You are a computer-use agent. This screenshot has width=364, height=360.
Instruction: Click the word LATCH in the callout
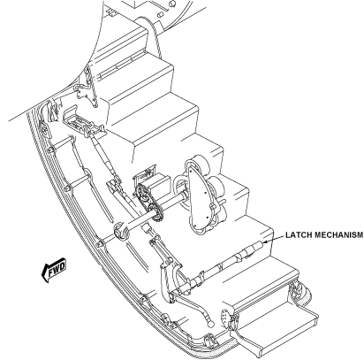click(296, 235)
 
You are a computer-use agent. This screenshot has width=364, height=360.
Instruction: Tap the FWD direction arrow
click(54, 270)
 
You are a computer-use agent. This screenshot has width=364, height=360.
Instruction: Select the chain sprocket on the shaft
click(149, 201)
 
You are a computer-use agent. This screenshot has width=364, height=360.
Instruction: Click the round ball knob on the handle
click(211, 324)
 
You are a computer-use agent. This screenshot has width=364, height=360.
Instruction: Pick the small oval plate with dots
click(225, 317)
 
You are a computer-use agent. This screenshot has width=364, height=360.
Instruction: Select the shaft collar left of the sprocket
click(121, 231)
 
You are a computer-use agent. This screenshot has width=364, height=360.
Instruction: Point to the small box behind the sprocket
click(153, 180)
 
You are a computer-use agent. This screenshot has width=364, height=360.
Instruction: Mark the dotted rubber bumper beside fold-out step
click(304, 295)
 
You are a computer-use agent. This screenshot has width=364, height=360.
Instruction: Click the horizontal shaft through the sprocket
click(155, 211)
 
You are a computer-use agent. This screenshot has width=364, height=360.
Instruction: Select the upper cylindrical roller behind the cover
click(200, 166)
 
